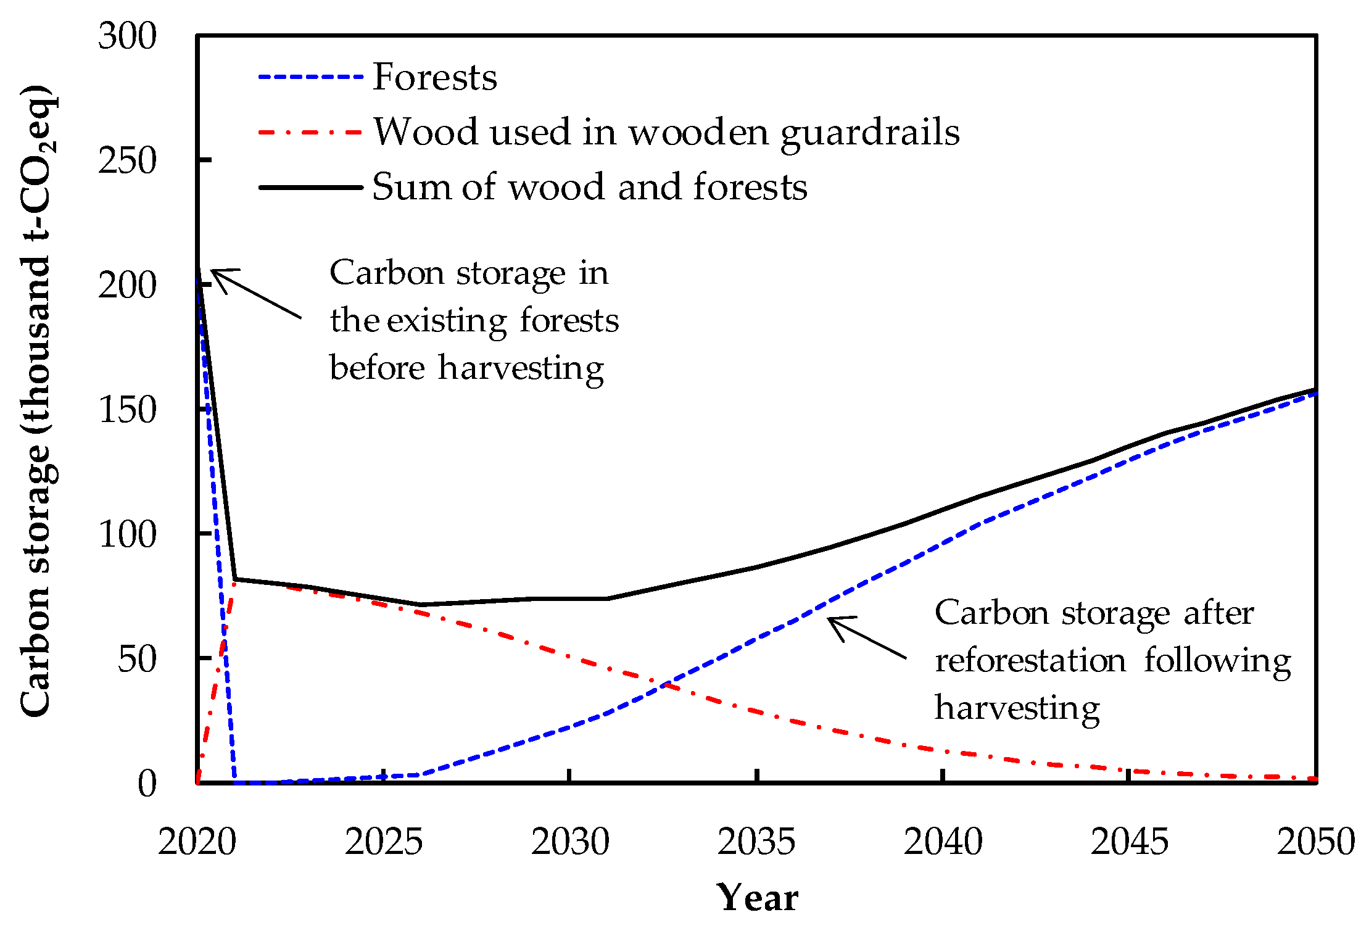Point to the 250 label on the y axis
[128, 161]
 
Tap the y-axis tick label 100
[128, 534]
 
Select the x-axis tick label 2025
[384, 842]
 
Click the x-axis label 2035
[756, 842]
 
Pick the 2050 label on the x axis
[1315, 842]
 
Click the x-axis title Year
[757, 898]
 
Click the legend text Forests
[434, 78]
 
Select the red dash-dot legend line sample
[310, 132]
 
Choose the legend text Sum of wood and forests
[589, 187]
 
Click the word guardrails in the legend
[870, 132]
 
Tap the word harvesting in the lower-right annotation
[1017, 708]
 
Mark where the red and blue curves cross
[665, 684]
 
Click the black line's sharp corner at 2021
[235, 579]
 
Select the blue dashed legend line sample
[310, 78]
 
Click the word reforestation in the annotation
[1030, 661]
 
